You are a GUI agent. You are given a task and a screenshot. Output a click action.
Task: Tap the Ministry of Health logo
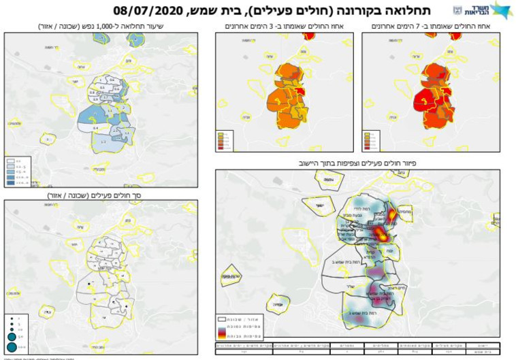482,10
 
